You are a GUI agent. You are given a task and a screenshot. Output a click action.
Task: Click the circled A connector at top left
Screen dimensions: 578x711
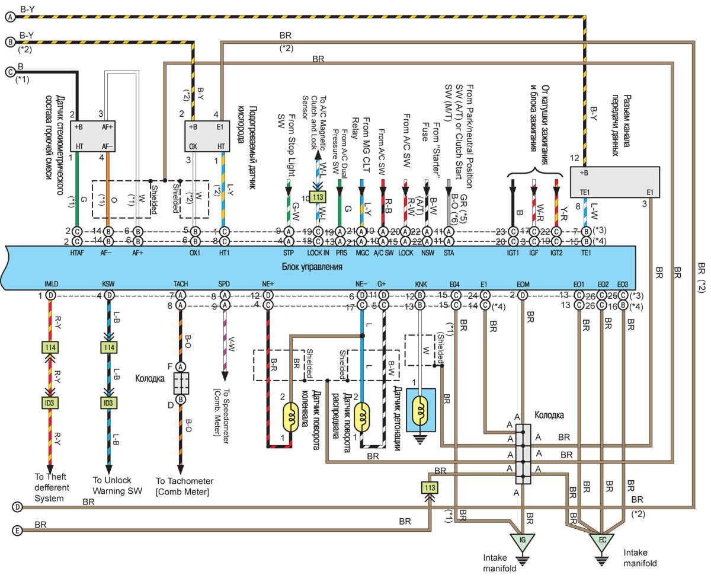[x=10, y=18]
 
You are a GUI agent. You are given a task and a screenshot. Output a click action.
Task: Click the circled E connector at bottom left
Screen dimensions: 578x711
[x=18, y=531]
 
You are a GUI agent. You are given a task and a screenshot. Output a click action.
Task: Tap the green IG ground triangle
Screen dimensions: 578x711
[x=522, y=540]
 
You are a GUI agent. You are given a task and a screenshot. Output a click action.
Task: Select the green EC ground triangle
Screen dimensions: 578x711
[x=601, y=540]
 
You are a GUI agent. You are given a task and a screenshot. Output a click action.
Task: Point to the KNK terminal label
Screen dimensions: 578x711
[x=420, y=285]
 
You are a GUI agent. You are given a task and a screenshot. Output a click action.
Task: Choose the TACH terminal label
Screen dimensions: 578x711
[x=181, y=285]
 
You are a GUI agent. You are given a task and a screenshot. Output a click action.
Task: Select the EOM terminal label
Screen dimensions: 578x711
[x=523, y=285]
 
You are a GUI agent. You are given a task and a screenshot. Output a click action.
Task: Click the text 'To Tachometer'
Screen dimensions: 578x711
[x=184, y=481]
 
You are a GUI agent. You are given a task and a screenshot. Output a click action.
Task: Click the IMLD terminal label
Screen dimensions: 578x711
[x=52, y=285]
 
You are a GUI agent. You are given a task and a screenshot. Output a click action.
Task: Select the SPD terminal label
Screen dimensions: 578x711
[x=224, y=285]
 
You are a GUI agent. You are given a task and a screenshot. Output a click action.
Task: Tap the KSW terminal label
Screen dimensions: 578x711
[x=109, y=285]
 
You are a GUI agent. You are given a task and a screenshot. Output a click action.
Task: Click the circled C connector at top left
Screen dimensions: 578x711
[x=10, y=72]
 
